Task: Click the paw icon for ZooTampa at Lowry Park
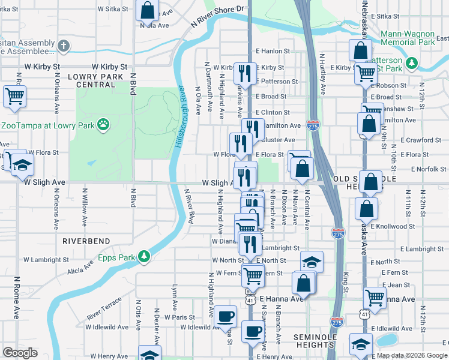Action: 104,125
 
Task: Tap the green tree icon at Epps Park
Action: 143,257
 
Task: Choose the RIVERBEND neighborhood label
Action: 86,241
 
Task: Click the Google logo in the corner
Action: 20,353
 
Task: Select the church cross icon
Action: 65,46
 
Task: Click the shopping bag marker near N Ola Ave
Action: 147,10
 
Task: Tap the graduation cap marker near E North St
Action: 312,262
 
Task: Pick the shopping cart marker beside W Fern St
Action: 253,276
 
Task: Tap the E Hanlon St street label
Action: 273,52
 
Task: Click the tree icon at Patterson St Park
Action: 412,62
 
